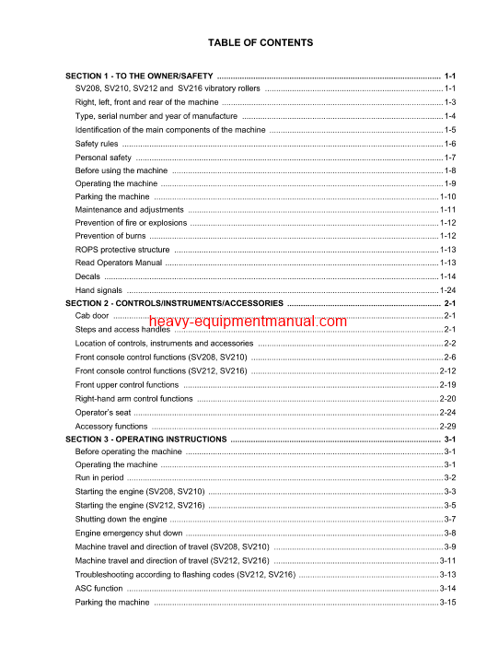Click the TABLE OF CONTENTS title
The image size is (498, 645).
[x=261, y=42]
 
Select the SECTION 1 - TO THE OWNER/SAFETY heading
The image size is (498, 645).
[x=139, y=75]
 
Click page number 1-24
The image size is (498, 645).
[x=448, y=290]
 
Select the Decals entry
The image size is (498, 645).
[x=87, y=276]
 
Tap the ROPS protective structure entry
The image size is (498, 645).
[x=122, y=250]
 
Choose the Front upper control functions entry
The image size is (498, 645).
[x=127, y=384]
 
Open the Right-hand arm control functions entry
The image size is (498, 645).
[x=134, y=399]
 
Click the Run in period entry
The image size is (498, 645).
[x=99, y=478]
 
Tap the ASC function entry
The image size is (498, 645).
[x=98, y=588]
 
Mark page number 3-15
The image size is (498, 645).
[x=448, y=602]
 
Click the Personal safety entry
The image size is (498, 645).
[x=103, y=158]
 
